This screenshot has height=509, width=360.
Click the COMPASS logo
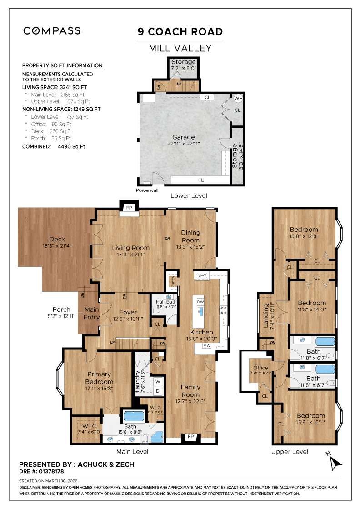pos(52,31)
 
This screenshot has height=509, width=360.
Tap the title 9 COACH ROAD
pos(180,32)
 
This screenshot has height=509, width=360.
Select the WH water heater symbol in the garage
pos(238,98)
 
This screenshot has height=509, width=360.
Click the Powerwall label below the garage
pos(147,190)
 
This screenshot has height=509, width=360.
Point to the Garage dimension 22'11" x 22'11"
pos(183,143)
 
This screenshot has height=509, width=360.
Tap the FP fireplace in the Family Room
pos(190,437)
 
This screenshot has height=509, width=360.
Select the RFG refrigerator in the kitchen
pos(202,275)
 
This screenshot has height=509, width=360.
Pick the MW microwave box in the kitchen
pos(207,346)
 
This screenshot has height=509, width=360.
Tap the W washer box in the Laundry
pos(158,381)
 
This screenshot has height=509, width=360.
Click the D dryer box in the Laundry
pos(158,391)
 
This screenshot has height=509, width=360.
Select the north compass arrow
pos(335,462)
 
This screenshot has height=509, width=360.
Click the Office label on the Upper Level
pos(260,368)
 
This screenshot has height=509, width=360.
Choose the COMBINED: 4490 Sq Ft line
pos(54,147)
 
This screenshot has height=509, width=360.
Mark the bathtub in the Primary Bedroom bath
pos(134,416)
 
